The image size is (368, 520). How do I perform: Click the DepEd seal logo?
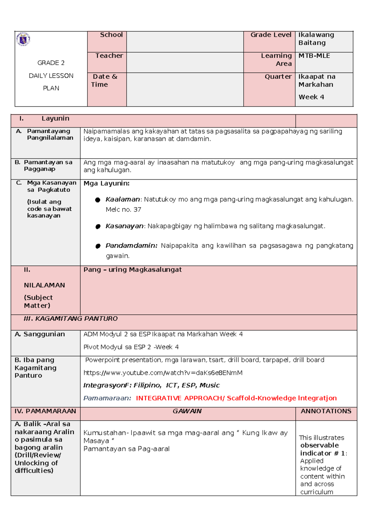[x=23, y=39]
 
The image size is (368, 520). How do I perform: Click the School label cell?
[x=111, y=35]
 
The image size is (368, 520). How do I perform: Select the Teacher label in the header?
[x=109, y=56]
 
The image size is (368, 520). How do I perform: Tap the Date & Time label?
[x=105, y=80]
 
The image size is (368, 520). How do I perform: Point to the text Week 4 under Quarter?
[x=311, y=97]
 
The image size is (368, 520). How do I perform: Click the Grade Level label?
[x=270, y=35]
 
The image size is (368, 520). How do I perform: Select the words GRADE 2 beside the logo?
[x=51, y=63]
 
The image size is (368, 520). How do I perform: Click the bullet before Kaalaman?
[x=98, y=200]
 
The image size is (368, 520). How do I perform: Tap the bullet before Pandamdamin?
[x=98, y=246]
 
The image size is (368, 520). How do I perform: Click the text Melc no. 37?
[x=123, y=210]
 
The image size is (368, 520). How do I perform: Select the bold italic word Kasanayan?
[x=124, y=226]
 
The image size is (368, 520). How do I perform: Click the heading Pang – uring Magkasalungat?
[x=132, y=270]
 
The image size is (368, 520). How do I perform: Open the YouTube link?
[x=163, y=373]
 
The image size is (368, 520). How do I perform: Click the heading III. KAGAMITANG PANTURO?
[x=71, y=319]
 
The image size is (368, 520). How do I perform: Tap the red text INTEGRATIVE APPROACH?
[x=179, y=398]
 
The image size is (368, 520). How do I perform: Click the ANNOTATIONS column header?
[x=326, y=411]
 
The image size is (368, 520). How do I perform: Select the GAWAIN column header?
[x=187, y=411]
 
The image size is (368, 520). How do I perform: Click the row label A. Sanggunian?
[x=40, y=334]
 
